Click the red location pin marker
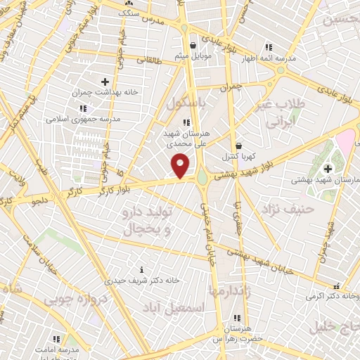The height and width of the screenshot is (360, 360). pyautogui.click(x=181, y=167)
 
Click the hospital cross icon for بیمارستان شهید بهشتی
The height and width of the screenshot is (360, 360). pyautogui.click(x=328, y=168)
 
